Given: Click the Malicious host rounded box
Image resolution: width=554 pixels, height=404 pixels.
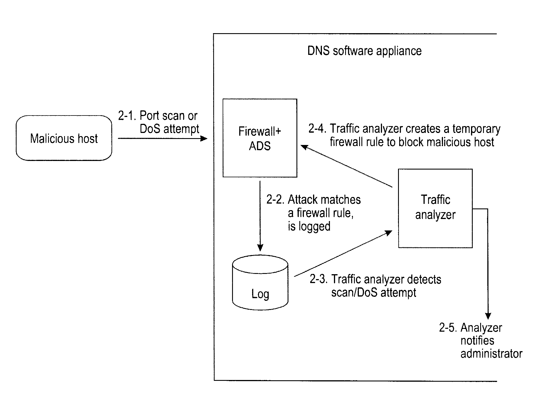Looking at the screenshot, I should pyautogui.click(x=64, y=138).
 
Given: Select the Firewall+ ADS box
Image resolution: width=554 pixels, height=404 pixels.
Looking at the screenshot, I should pyautogui.click(x=260, y=138).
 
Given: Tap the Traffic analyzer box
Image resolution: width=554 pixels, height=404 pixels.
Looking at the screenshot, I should pyautogui.click(x=435, y=208).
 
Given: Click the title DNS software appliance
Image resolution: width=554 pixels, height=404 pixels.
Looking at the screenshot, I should pyautogui.click(x=364, y=51).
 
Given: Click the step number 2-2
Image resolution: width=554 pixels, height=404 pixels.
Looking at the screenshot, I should pyautogui.click(x=275, y=200).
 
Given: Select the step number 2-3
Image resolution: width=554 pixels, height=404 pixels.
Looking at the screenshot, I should pyautogui.click(x=318, y=279).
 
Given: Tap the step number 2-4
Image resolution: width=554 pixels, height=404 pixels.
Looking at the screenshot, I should pyautogui.click(x=317, y=129).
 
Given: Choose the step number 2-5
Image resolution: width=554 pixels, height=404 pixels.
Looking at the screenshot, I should pyautogui.click(x=448, y=328).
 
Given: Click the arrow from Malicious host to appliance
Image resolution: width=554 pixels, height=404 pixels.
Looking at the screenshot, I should pyautogui.click(x=162, y=139).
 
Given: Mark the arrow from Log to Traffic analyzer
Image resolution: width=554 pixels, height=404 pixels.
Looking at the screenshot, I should pyautogui.click(x=343, y=254).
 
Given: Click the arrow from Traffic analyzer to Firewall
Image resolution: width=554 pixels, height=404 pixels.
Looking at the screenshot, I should pyautogui.click(x=346, y=166).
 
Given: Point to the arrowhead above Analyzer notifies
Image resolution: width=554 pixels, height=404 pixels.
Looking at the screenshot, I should pyautogui.click(x=488, y=316).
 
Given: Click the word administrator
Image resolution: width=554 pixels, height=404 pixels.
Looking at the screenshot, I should pyautogui.click(x=491, y=354).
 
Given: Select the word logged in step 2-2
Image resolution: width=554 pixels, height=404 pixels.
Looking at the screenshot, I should pyautogui.click(x=314, y=226).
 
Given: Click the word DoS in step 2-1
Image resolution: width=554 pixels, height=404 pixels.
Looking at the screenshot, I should pyautogui.click(x=149, y=129).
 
